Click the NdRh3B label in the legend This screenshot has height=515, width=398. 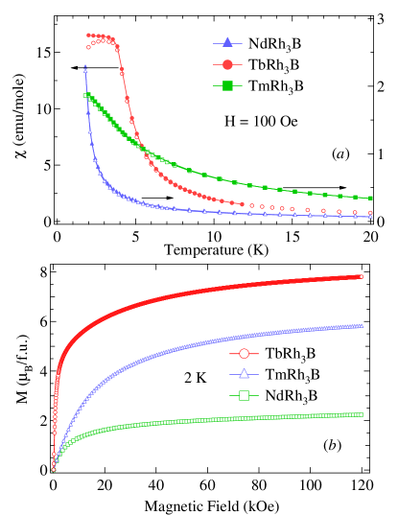(x=269, y=44)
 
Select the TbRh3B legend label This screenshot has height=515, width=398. (x=269, y=65)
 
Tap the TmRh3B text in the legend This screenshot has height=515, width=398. (x=269, y=86)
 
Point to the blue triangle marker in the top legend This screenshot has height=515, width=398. (x=227, y=44)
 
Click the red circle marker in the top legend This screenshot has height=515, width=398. (x=227, y=65)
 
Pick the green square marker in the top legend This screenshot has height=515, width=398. (x=227, y=87)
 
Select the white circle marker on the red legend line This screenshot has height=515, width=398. (x=244, y=354)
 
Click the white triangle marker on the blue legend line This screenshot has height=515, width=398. (x=244, y=374)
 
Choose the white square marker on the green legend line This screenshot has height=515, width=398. (x=244, y=395)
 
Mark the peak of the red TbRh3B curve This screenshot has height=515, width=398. (x=91, y=35)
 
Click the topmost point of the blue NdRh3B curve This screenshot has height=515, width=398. (x=85, y=67)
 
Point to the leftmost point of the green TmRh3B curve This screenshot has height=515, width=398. (x=85, y=94)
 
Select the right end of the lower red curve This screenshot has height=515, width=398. (x=362, y=276)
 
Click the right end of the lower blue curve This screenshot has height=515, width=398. (x=362, y=326)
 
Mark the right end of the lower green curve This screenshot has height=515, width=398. (x=362, y=414)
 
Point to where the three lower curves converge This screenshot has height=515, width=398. (x=54, y=469)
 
